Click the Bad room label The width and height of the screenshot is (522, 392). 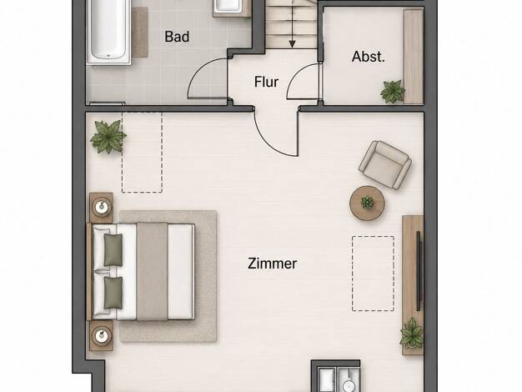177,37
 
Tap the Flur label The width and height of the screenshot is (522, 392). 266,82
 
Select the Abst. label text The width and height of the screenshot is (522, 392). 369,57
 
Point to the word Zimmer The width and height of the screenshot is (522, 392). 273,264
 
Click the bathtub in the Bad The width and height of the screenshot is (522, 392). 108,32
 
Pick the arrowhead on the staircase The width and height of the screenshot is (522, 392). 293,44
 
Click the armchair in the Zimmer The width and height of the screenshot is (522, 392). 385,165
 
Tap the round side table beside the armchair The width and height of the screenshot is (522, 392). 367,204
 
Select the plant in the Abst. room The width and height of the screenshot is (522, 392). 393,91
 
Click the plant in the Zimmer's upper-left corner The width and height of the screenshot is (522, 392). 108,137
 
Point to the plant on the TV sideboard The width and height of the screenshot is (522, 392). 412,333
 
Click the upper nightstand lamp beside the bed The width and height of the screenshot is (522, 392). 102,208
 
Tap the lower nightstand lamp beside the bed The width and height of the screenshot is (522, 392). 102,335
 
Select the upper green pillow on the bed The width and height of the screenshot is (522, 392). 113,249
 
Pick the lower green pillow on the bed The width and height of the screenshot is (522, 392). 113,293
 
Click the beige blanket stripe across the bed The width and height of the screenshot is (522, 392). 152,271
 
